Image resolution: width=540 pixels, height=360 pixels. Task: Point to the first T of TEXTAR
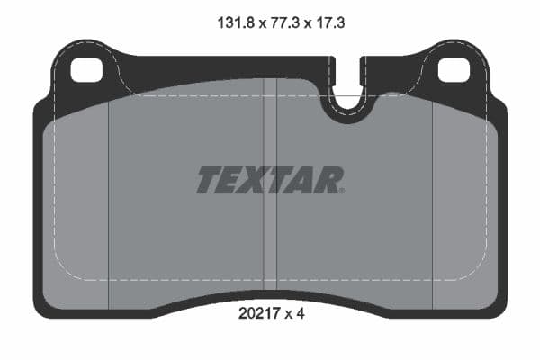point(209,180)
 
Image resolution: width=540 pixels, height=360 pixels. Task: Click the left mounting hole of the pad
point(87,69)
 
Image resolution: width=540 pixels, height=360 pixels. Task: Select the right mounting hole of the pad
point(452,69)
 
